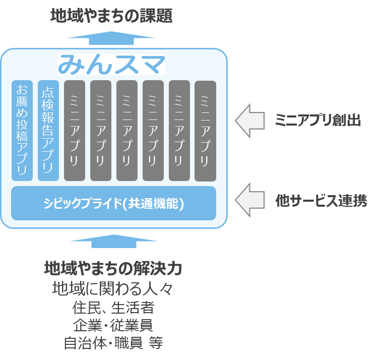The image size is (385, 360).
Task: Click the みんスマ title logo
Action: pyautogui.click(x=111, y=65)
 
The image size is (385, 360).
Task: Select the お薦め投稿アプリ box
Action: pyautogui.click(x=22, y=130)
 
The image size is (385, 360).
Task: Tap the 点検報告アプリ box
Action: pyautogui.click(x=48, y=130)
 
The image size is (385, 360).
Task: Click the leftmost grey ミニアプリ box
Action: pyautogui.click(x=74, y=130)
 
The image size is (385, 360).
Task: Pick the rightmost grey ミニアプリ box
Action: pyautogui.click(x=205, y=131)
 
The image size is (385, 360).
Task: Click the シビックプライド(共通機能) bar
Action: pyautogui.click(x=113, y=203)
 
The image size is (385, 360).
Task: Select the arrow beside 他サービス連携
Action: pyautogui.click(x=250, y=201)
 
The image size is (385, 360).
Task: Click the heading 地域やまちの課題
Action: pyautogui.click(x=111, y=16)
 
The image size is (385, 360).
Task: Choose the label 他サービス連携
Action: pyautogui.click(x=320, y=201)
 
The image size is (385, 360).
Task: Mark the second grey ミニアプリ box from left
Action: pyautogui.click(x=100, y=130)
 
